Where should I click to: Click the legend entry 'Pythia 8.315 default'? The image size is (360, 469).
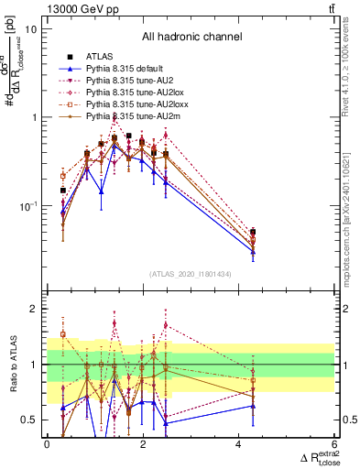pyautogui.click(x=127, y=69)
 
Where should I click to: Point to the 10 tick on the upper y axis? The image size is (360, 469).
pyautogui.click(x=29, y=29)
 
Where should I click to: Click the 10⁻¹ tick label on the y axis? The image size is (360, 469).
pyautogui.click(x=27, y=206)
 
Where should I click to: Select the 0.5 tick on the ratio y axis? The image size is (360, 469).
pyautogui.click(x=29, y=420)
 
